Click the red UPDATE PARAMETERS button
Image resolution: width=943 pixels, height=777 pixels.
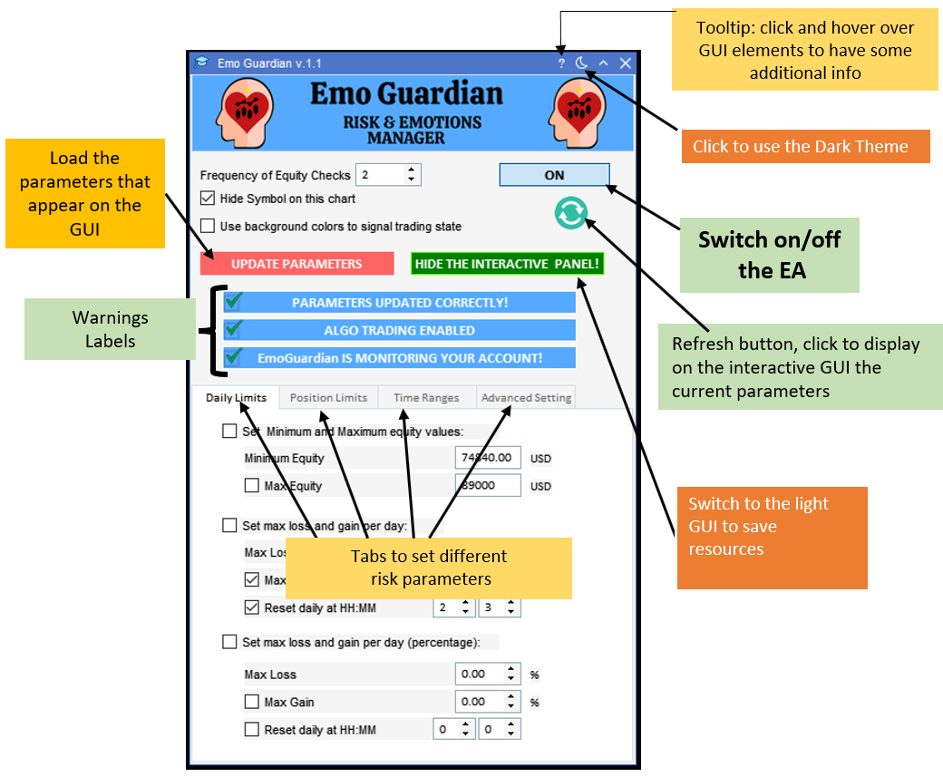(x=297, y=264)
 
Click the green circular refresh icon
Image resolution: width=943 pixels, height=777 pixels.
(x=570, y=213)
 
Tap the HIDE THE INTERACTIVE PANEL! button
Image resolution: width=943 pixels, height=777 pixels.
(x=507, y=264)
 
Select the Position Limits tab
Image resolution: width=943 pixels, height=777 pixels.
(x=328, y=397)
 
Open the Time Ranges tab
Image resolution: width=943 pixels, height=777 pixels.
(x=426, y=397)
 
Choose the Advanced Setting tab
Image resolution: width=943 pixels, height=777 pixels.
(x=526, y=397)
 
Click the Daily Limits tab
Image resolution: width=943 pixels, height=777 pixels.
(x=236, y=397)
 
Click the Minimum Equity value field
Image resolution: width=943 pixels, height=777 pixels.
(x=488, y=458)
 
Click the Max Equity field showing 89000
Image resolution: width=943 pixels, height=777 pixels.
(x=488, y=486)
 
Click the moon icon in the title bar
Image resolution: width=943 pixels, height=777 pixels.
(x=582, y=63)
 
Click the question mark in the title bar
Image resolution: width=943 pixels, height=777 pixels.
(x=561, y=63)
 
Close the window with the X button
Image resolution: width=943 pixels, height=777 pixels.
(x=625, y=63)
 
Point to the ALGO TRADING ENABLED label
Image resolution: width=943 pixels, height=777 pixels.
(x=399, y=330)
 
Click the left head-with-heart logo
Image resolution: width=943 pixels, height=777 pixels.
(x=240, y=112)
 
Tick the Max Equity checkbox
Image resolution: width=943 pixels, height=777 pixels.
(x=252, y=486)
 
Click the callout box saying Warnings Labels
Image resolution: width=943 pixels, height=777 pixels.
(x=110, y=329)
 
